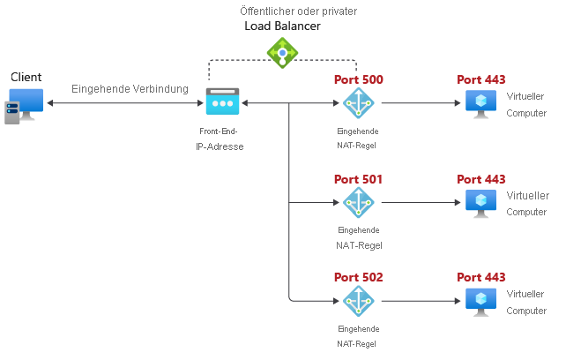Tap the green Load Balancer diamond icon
tap(282, 54)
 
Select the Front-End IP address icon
tap(222, 102)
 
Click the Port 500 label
tap(358, 80)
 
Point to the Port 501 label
tap(358, 179)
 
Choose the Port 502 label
tap(358, 277)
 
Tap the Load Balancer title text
tap(282, 26)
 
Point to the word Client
tap(26, 78)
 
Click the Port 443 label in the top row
tap(480, 80)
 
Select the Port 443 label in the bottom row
tap(480, 277)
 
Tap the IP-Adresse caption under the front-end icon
tap(220, 146)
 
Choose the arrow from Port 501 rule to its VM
tap(420, 202)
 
